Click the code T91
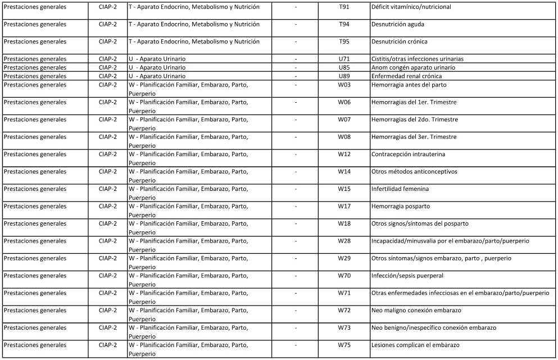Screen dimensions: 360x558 (344, 7)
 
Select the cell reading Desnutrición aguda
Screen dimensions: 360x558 (398, 25)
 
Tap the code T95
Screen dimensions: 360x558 (344, 42)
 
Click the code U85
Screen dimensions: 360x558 (344, 67)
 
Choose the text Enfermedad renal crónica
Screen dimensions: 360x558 (406, 76)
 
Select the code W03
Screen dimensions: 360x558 (344, 85)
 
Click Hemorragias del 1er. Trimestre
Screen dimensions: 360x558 (414, 102)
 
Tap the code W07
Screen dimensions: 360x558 (344, 120)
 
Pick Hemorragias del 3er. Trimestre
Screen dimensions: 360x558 (414, 137)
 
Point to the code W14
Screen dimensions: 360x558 (344, 171)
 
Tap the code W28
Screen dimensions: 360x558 (344, 241)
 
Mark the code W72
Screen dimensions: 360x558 (344, 310)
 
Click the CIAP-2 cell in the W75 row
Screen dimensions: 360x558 (107, 345)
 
